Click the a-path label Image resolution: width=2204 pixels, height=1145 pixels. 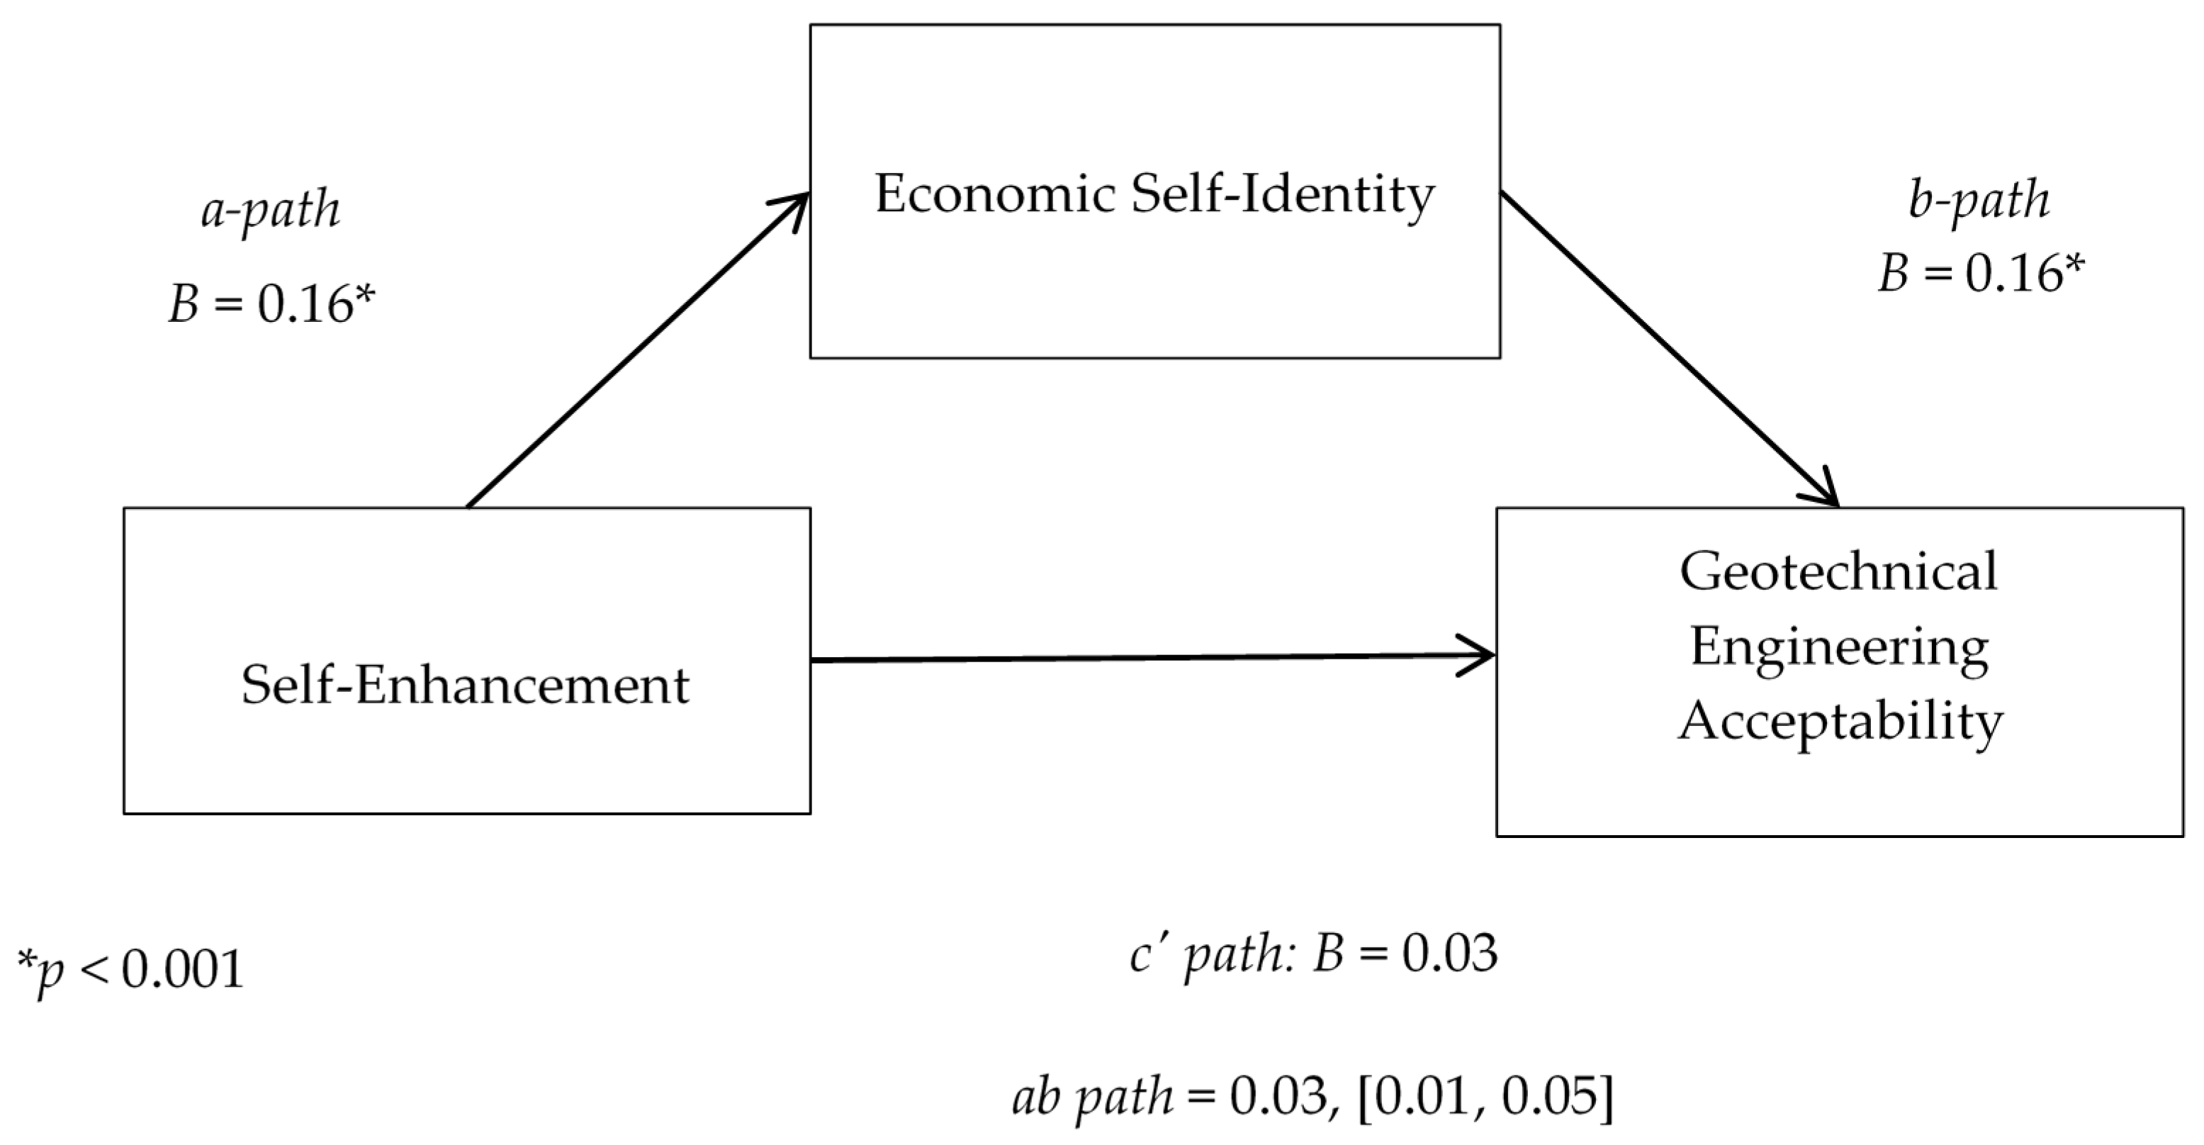pyautogui.click(x=271, y=210)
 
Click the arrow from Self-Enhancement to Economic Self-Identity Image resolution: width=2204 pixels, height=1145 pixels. pyautogui.click(x=637, y=349)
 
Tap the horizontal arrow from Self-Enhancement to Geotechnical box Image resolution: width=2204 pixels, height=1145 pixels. pyautogui.click(x=1147, y=658)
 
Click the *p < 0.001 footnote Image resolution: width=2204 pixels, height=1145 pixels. pyautogui.click(x=131, y=971)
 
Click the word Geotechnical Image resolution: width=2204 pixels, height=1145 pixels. pyautogui.click(x=1838, y=571)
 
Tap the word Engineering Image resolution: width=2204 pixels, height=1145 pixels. pyautogui.click(x=1838, y=647)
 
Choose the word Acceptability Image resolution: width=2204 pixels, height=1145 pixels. pyautogui.click(x=1840, y=722)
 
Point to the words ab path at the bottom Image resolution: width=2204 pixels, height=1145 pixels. pyautogui.click(x=1093, y=1096)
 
